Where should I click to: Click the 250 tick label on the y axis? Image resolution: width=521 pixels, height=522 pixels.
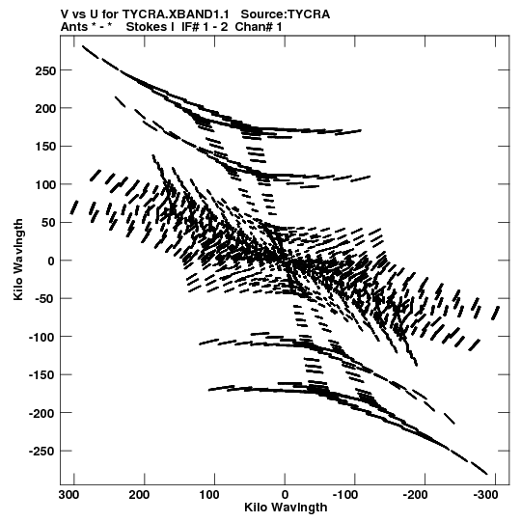click(45, 70)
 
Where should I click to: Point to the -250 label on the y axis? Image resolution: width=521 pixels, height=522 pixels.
click(41, 452)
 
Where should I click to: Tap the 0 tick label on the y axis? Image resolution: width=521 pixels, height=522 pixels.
click(51, 261)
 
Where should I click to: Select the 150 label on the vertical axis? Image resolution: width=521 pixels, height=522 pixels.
click(45, 147)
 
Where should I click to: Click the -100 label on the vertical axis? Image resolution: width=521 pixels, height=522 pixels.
click(41, 338)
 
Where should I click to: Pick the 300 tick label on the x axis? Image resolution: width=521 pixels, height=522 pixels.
click(69, 495)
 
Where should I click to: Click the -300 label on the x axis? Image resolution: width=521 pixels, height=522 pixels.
click(485, 495)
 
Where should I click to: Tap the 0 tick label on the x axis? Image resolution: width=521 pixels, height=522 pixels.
click(285, 495)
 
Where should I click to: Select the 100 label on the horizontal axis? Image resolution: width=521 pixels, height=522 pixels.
click(209, 495)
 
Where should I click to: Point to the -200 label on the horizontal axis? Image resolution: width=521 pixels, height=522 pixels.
click(416, 495)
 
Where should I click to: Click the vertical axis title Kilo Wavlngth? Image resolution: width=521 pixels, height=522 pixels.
click(18, 260)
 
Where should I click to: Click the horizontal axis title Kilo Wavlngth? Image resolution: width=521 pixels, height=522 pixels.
click(286, 508)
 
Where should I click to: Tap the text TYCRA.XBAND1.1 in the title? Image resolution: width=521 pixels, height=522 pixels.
click(176, 14)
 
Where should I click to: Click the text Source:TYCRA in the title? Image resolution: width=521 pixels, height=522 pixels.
click(286, 14)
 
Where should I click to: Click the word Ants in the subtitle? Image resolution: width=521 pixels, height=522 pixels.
click(74, 27)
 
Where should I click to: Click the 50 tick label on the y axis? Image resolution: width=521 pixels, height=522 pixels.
click(48, 223)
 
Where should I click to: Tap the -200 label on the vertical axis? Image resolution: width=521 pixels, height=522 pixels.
click(41, 414)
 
